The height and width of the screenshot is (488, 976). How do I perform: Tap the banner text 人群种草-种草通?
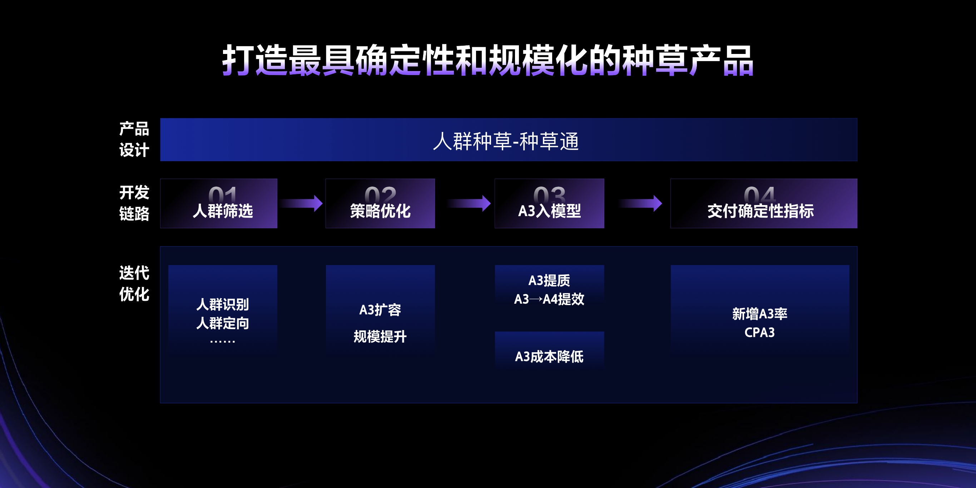coord(506,141)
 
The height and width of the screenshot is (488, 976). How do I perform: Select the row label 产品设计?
coord(134,139)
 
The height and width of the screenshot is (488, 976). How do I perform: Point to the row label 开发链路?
coord(134,203)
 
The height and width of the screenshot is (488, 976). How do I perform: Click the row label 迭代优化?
coord(134,283)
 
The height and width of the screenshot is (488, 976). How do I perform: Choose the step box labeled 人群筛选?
coord(219,204)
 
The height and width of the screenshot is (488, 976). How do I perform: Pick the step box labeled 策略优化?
coord(380,204)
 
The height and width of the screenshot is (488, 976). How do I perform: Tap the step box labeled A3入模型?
coord(549,204)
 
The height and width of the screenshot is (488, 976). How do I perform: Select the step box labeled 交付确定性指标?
coord(763,204)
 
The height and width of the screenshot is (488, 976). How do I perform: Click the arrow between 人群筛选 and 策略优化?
coord(302,204)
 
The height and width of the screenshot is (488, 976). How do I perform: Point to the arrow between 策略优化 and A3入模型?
coord(469,204)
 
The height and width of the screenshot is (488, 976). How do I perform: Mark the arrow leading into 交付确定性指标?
coord(640,204)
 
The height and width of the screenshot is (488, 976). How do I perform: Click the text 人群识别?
coord(222,304)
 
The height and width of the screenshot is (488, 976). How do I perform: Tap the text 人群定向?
coord(222,323)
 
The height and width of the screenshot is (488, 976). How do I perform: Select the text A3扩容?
coord(380,310)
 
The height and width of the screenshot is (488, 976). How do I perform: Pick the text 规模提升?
coord(380,337)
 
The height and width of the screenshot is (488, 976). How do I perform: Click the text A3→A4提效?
coord(549,299)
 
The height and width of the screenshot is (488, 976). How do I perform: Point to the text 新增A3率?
coord(760,314)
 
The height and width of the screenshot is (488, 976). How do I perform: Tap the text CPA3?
coord(760,332)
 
